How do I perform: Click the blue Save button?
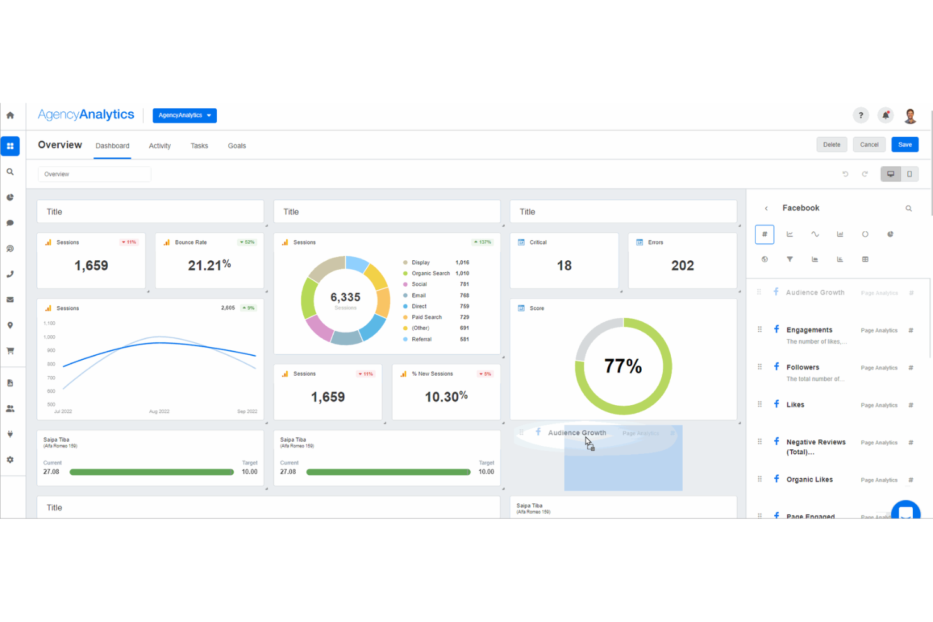pyautogui.click(x=905, y=145)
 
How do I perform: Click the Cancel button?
pyautogui.click(x=869, y=145)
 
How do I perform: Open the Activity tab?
pyautogui.click(x=159, y=146)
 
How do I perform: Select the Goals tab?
pyautogui.click(x=236, y=146)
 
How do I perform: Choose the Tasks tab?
pyautogui.click(x=199, y=146)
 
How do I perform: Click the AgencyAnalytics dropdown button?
pyautogui.click(x=184, y=115)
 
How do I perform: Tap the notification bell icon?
pyautogui.click(x=885, y=115)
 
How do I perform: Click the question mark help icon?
pyautogui.click(x=861, y=115)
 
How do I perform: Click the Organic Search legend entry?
pyautogui.click(x=430, y=274)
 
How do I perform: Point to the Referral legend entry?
pyautogui.click(x=421, y=339)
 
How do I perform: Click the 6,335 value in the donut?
pyautogui.click(x=345, y=297)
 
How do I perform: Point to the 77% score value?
pyautogui.click(x=623, y=366)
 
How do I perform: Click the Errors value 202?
pyautogui.click(x=682, y=266)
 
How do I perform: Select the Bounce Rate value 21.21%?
pyautogui.click(x=209, y=266)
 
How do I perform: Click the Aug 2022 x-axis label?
pyautogui.click(x=159, y=412)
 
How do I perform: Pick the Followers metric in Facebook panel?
pyautogui.click(x=803, y=367)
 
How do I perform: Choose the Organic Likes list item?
pyautogui.click(x=809, y=480)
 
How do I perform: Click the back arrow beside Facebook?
pyautogui.click(x=766, y=209)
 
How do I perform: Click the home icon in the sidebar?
pyautogui.click(x=10, y=115)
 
